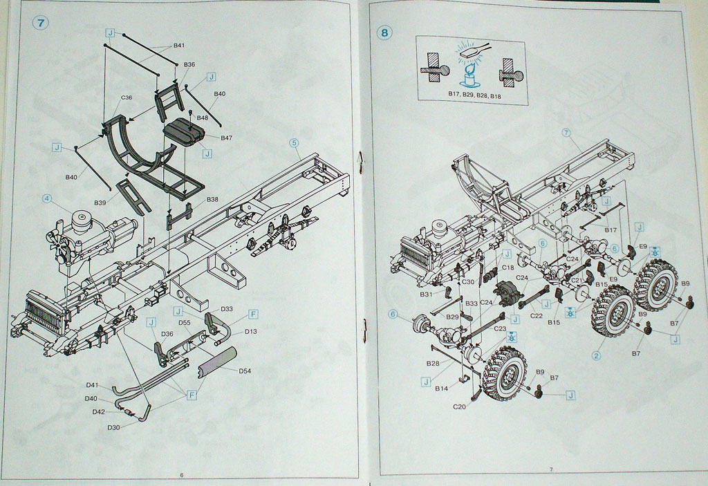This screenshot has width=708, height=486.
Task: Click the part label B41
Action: pyautogui.click(x=178, y=46)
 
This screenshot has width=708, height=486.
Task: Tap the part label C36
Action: pyautogui.click(x=127, y=97)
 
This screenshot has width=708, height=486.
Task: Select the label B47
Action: pyautogui.click(x=226, y=138)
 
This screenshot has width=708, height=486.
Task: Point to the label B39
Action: pyautogui.click(x=100, y=203)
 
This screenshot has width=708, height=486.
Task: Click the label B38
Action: pyautogui.click(x=212, y=200)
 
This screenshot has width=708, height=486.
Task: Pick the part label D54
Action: pyautogui.click(x=245, y=371)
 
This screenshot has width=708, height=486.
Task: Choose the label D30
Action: pyautogui.click(x=113, y=427)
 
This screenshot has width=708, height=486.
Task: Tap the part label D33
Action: pyautogui.click(x=226, y=309)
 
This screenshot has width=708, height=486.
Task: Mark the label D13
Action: pyautogui.click(x=250, y=332)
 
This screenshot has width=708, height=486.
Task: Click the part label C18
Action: pyautogui.click(x=507, y=267)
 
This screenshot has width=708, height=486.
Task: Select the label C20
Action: pyautogui.click(x=460, y=406)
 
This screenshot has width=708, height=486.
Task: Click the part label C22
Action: pyautogui.click(x=537, y=316)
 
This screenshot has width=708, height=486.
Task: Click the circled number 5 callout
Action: pyautogui.click(x=294, y=143)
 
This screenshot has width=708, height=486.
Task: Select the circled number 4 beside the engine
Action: pyautogui.click(x=47, y=198)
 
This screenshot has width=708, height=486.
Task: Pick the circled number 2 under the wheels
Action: pyautogui.click(x=596, y=357)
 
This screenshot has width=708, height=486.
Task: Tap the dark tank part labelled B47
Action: pyautogui.click(x=183, y=132)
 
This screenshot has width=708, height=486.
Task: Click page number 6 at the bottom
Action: pyautogui.click(x=182, y=475)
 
